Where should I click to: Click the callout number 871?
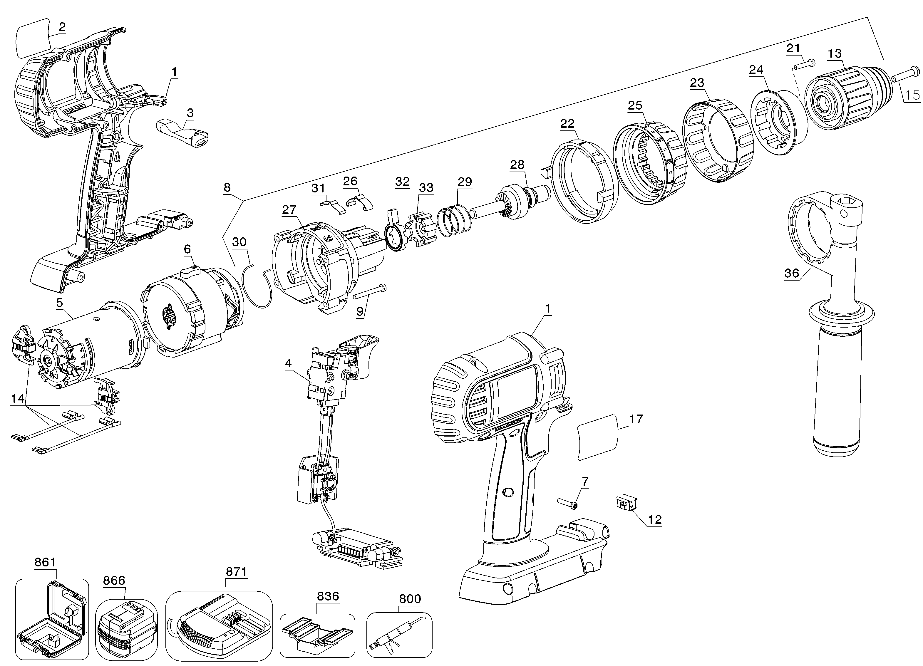[237, 572]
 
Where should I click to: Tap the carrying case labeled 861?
[52, 623]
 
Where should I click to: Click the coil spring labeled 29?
[453, 221]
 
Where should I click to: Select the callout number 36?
[792, 273]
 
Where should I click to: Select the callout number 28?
[517, 165]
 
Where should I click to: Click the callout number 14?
[18, 398]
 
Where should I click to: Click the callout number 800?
[410, 599]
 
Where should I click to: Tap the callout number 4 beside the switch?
[288, 363]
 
